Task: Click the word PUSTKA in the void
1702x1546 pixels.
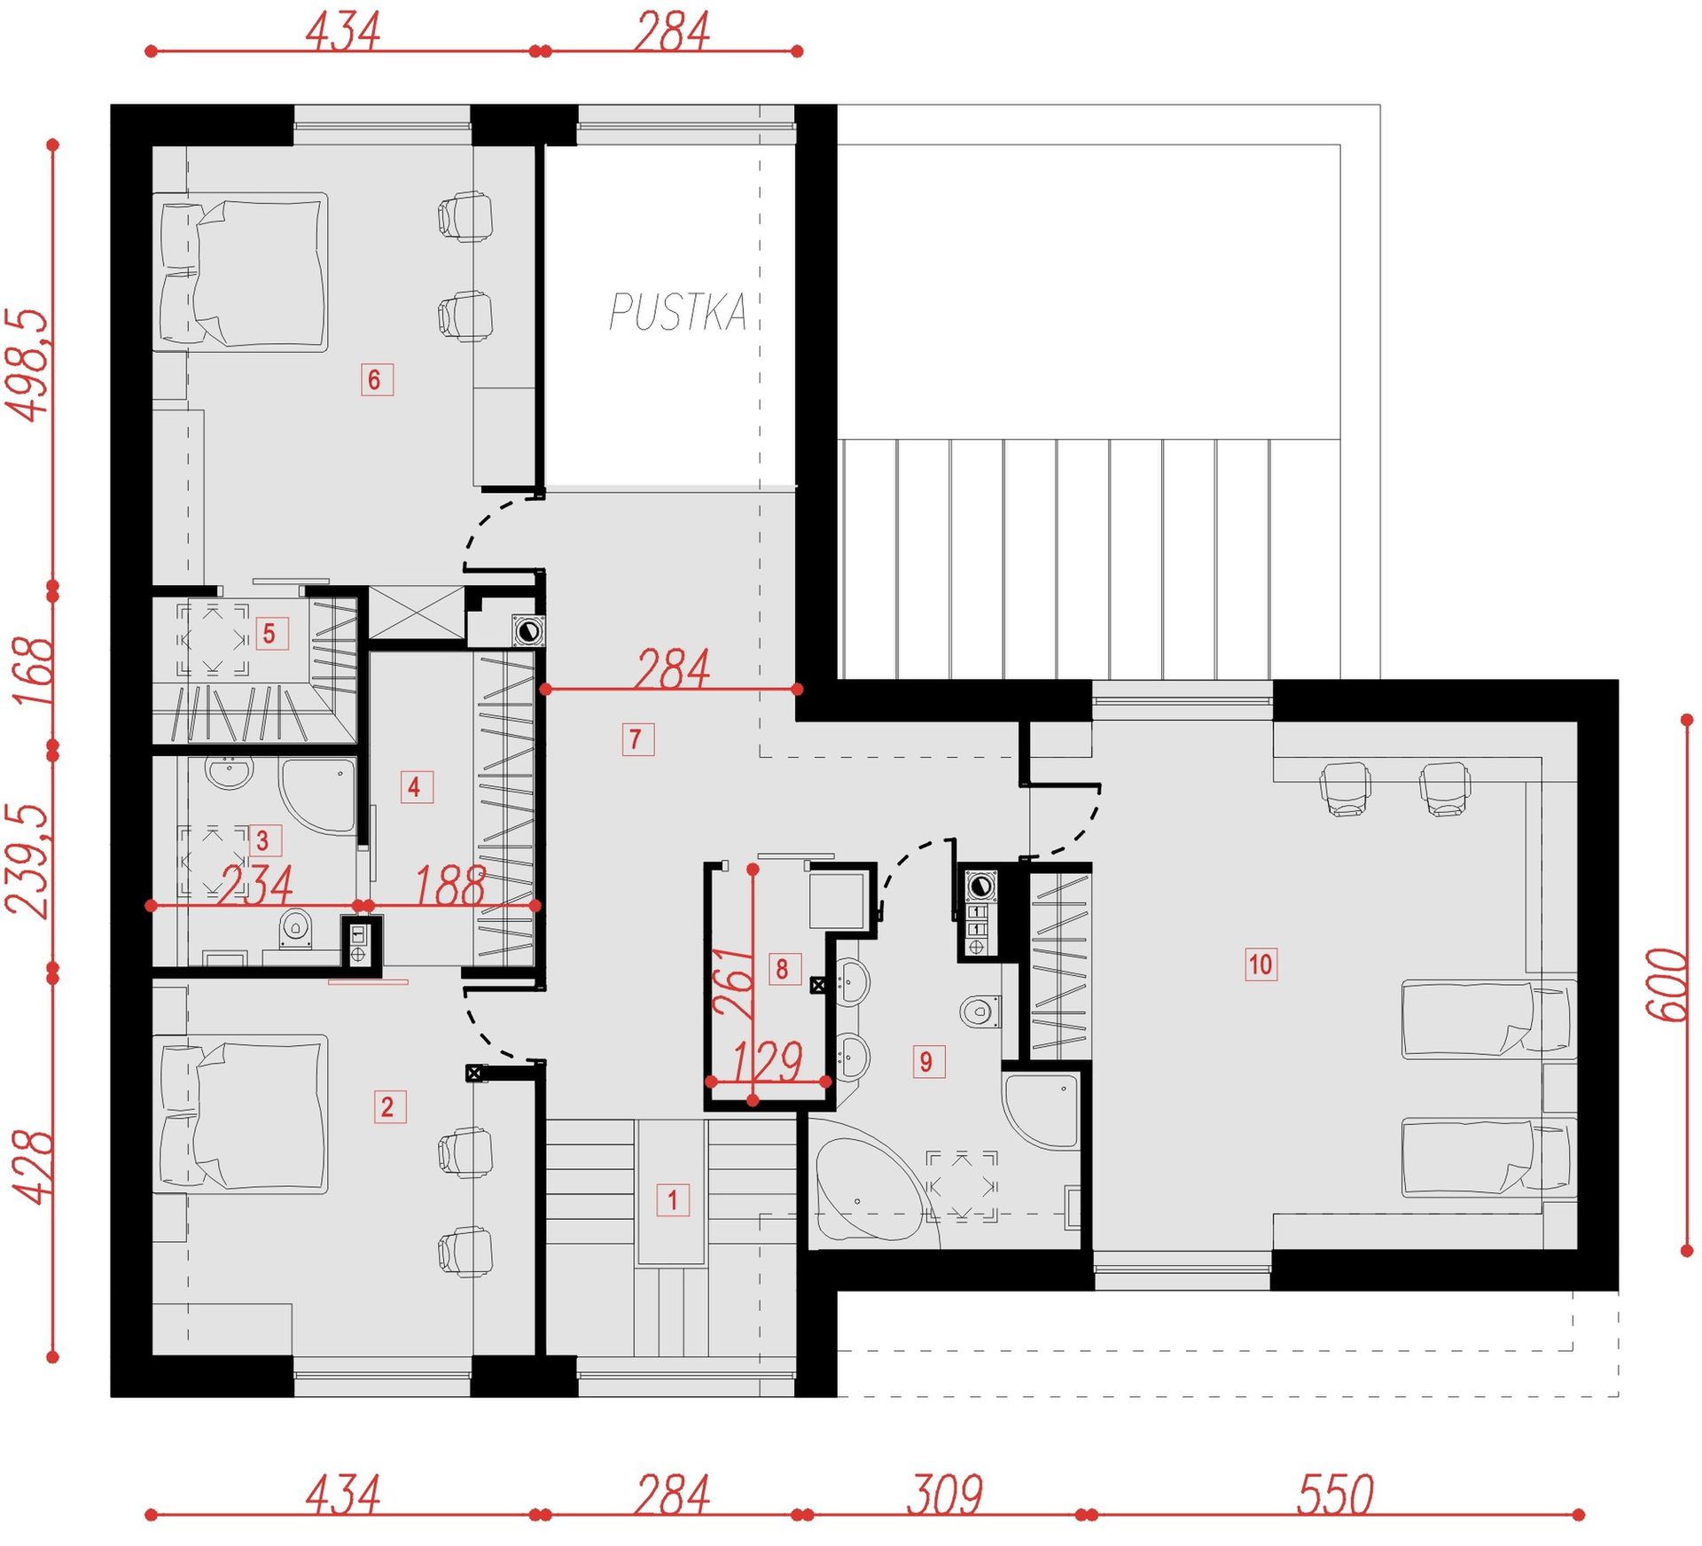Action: [x=678, y=312]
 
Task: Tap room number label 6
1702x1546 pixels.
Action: [x=377, y=379]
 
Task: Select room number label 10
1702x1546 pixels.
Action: [x=1261, y=964]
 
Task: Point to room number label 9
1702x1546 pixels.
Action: [x=928, y=1061]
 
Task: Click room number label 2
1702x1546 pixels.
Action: [x=389, y=1106]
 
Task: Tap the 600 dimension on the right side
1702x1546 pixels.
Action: [x=1667, y=985]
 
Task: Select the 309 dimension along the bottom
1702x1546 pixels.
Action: [x=945, y=1495]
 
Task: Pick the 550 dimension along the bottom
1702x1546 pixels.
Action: [x=1336, y=1495]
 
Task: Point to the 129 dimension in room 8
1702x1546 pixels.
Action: [x=768, y=1060]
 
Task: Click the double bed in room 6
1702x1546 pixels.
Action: [x=242, y=272]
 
